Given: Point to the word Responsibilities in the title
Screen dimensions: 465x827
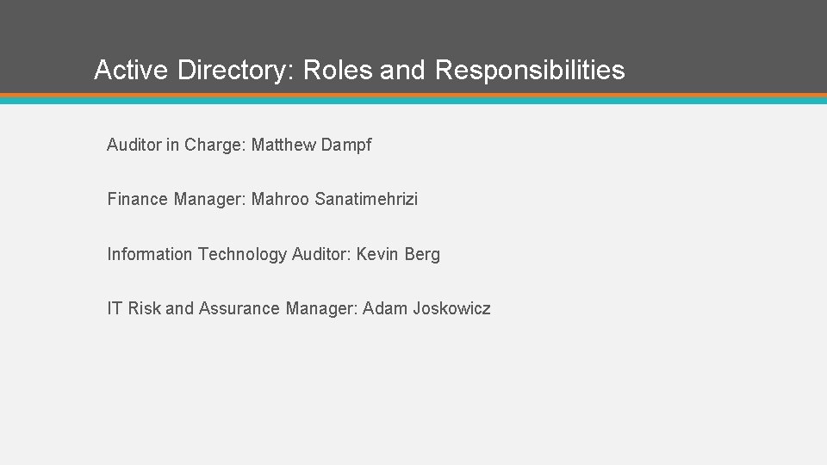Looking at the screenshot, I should (x=530, y=70).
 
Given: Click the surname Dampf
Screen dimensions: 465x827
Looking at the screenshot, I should (x=345, y=145).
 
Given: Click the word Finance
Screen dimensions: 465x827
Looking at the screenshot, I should (x=137, y=199).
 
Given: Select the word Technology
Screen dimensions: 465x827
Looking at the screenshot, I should (x=242, y=254).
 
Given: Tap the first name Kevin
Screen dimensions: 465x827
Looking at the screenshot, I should (x=376, y=254).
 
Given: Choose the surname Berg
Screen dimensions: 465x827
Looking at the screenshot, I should (x=421, y=254).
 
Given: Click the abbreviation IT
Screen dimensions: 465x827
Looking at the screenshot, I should (x=115, y=308).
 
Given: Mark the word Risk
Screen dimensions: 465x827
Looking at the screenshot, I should (x=143, y=308).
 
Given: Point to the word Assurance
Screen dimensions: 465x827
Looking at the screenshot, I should (x=239, y=308).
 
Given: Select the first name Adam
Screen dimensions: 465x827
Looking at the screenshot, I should (x=383, y=308).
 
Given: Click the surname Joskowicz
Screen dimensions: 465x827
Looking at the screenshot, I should (x=451, y=308).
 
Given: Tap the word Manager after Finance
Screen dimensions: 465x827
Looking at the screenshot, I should (x=209, y=199).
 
